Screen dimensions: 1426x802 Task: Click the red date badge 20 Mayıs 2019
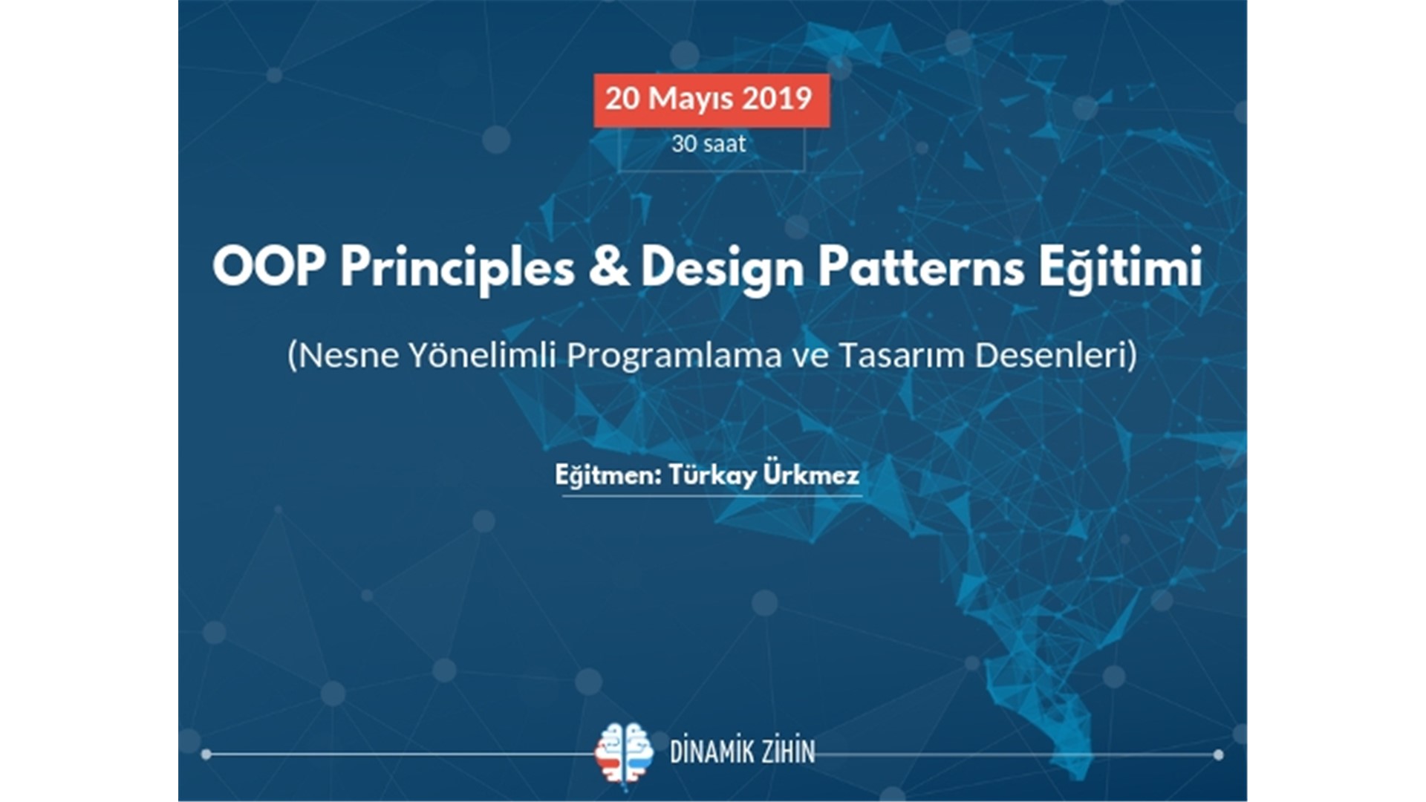(x=711, y=100)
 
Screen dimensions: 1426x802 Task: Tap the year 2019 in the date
(x=778, y=99)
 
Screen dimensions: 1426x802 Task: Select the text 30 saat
(x=709, y=143)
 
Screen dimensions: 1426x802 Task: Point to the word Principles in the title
(x=458, y=270)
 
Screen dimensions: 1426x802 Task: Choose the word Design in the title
(x=723, y=270)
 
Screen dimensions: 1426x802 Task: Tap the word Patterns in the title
(x=922, y=267)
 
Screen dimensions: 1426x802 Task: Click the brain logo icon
(x=624, y=753)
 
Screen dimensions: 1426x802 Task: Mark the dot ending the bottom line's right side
(x=1218, y=754)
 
